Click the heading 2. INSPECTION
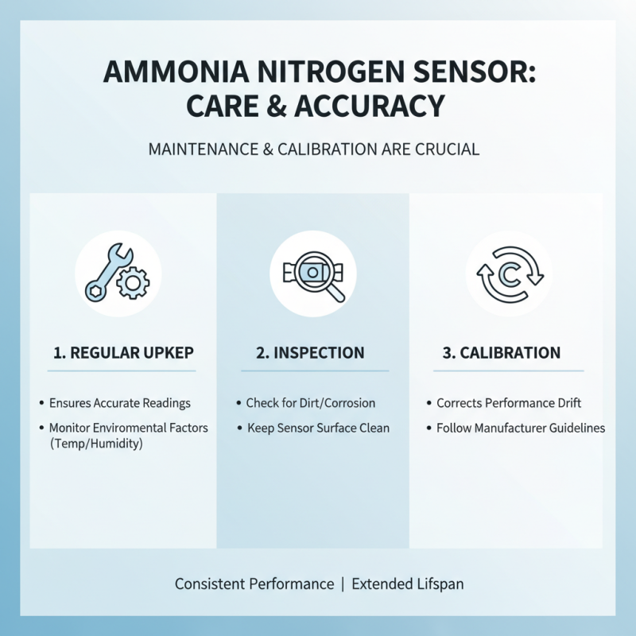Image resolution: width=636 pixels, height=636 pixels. tap(314, 353)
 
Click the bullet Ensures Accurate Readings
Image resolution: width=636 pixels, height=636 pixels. tap(119, 403)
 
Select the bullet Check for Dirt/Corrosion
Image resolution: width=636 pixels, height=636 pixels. tap(310, 403)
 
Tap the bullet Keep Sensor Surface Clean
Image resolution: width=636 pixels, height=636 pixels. tap(317, 429)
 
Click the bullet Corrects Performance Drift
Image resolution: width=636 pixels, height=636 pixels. tap(509, 403)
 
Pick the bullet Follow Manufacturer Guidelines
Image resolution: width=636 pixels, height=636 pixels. tap(521, 429)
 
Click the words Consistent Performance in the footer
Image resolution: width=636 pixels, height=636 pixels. tap(254, 584)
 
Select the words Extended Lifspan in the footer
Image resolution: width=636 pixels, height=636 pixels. tap(407, 584)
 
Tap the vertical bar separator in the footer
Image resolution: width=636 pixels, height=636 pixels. tap(343, 584)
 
